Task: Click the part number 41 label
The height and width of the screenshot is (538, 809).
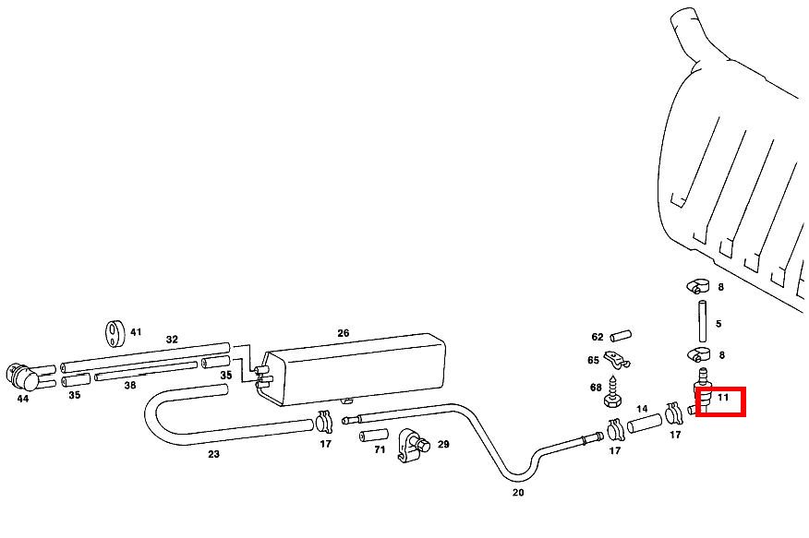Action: coord(136,332)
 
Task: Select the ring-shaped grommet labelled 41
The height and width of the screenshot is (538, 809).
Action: coord(114,332)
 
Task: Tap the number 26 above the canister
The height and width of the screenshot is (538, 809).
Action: coord(344,333)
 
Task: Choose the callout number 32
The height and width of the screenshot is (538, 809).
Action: coord(172,340)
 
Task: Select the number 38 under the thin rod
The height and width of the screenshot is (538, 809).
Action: coord(130,385)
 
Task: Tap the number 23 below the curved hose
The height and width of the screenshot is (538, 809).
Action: coord(213,453)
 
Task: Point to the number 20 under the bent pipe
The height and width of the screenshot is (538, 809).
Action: coord(518,493)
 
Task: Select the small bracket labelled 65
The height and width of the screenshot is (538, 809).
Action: coord(616,360)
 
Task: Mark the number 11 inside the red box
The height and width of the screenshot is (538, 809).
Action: coord(723,398)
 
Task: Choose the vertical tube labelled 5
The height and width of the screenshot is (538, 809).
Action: coord(700,322)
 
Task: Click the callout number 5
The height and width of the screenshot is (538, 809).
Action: coord(718,324)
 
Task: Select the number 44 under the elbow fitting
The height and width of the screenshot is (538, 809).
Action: coord(23,399)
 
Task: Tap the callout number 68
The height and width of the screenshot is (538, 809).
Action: coord(596,387)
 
